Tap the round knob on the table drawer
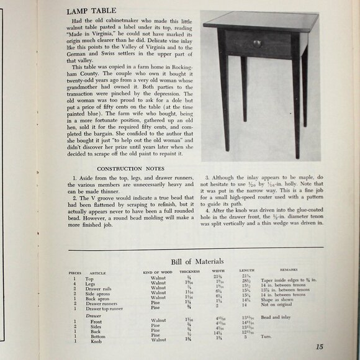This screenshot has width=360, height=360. tap(257, 43)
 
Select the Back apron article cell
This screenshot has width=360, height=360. tap(98, 299)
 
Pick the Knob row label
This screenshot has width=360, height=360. tap(96, 341)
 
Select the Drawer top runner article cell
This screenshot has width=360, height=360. tap(106, 308)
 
